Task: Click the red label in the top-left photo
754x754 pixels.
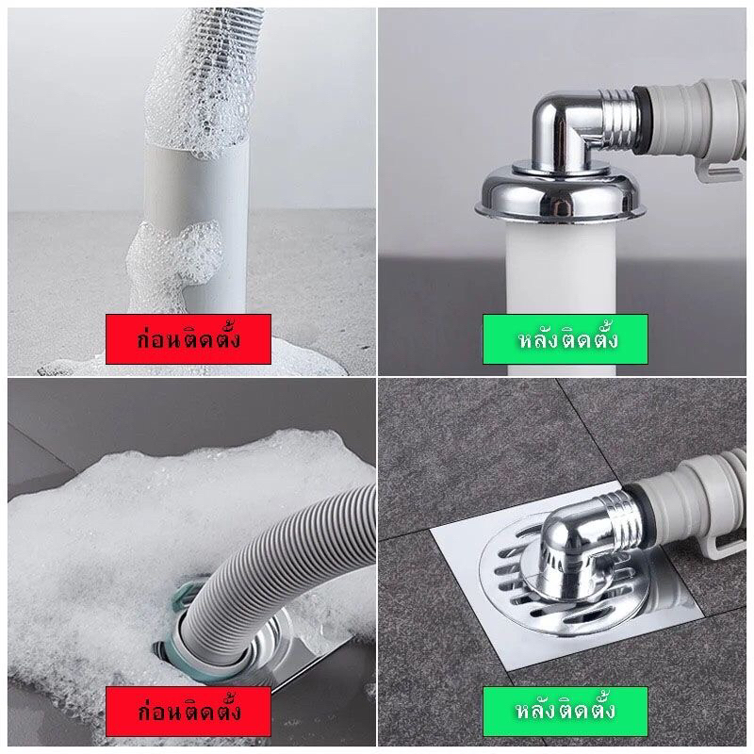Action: click(x=188, y=339)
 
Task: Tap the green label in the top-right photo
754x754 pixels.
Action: click(x=565, y=339)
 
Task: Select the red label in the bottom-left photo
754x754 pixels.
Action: click(x=188, y=712)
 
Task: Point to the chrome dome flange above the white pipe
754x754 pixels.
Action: click(x=559, y=195)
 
